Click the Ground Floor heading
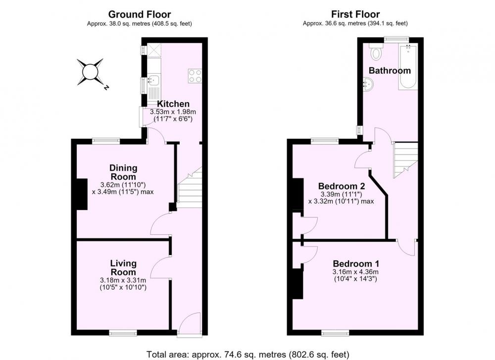point(140,14)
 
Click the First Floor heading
point(355,14)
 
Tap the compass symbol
point(91,72)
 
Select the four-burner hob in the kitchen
point(195,76)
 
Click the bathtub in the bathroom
point(408,67)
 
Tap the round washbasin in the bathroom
point(368,84)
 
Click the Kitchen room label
point(173,103)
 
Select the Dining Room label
point(123,172)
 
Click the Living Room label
point(123,267)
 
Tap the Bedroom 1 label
point(356,263)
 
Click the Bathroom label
point(390,70)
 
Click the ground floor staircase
point(190,187)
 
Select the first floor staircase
point(405,160)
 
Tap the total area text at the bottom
point(248,355)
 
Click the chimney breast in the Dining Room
point(82,194)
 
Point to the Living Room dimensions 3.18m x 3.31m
point(123,280)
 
